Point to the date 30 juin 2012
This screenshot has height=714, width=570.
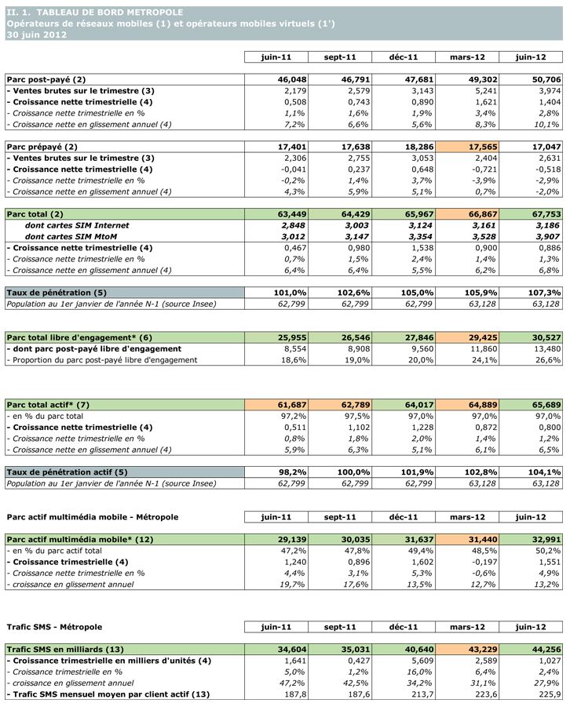click(35, 35)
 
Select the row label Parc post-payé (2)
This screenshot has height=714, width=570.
click(46, 79)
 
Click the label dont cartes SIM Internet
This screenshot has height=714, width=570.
click(77, 225)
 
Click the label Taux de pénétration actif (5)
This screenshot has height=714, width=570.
click(67, 472)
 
